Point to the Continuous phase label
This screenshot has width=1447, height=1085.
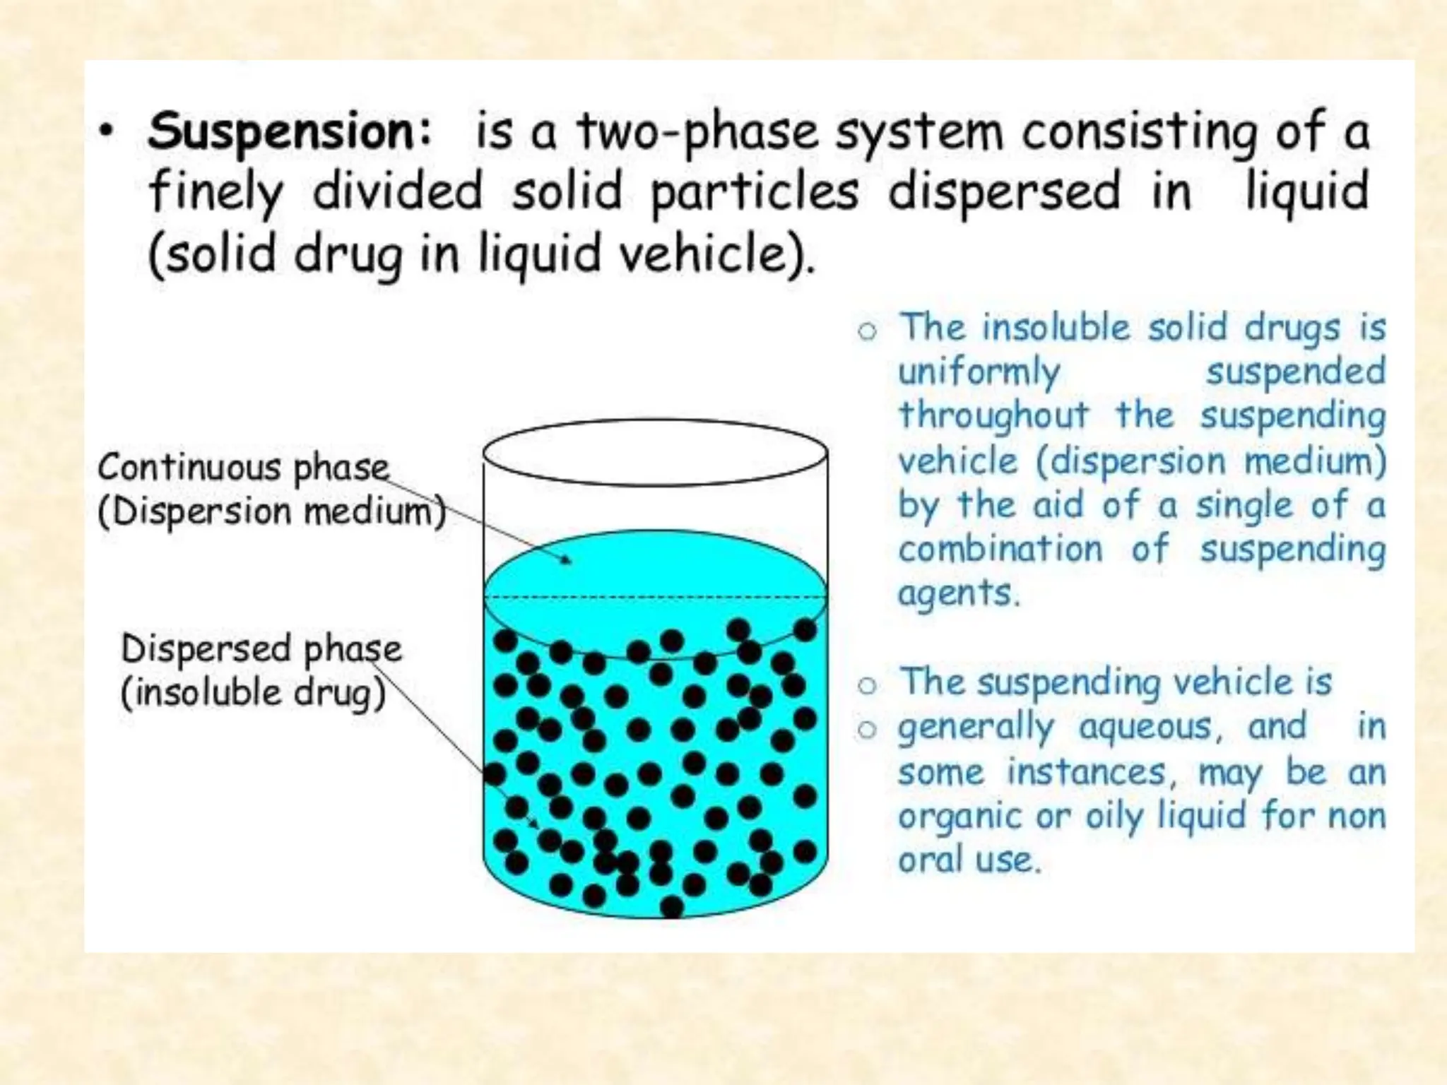243,468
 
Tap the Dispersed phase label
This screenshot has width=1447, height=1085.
261,649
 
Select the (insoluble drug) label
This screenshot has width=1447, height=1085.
253,693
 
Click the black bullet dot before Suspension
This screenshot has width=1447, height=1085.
106,132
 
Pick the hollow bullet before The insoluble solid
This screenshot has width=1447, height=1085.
867,331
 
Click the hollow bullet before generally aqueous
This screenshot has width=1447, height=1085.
867,728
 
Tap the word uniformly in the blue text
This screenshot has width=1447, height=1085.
979,372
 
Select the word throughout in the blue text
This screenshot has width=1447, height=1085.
993,416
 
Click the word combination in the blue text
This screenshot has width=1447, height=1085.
1000,550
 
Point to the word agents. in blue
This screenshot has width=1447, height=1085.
959,594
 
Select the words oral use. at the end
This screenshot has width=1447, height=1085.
969,861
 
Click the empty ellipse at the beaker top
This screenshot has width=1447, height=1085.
655,452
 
